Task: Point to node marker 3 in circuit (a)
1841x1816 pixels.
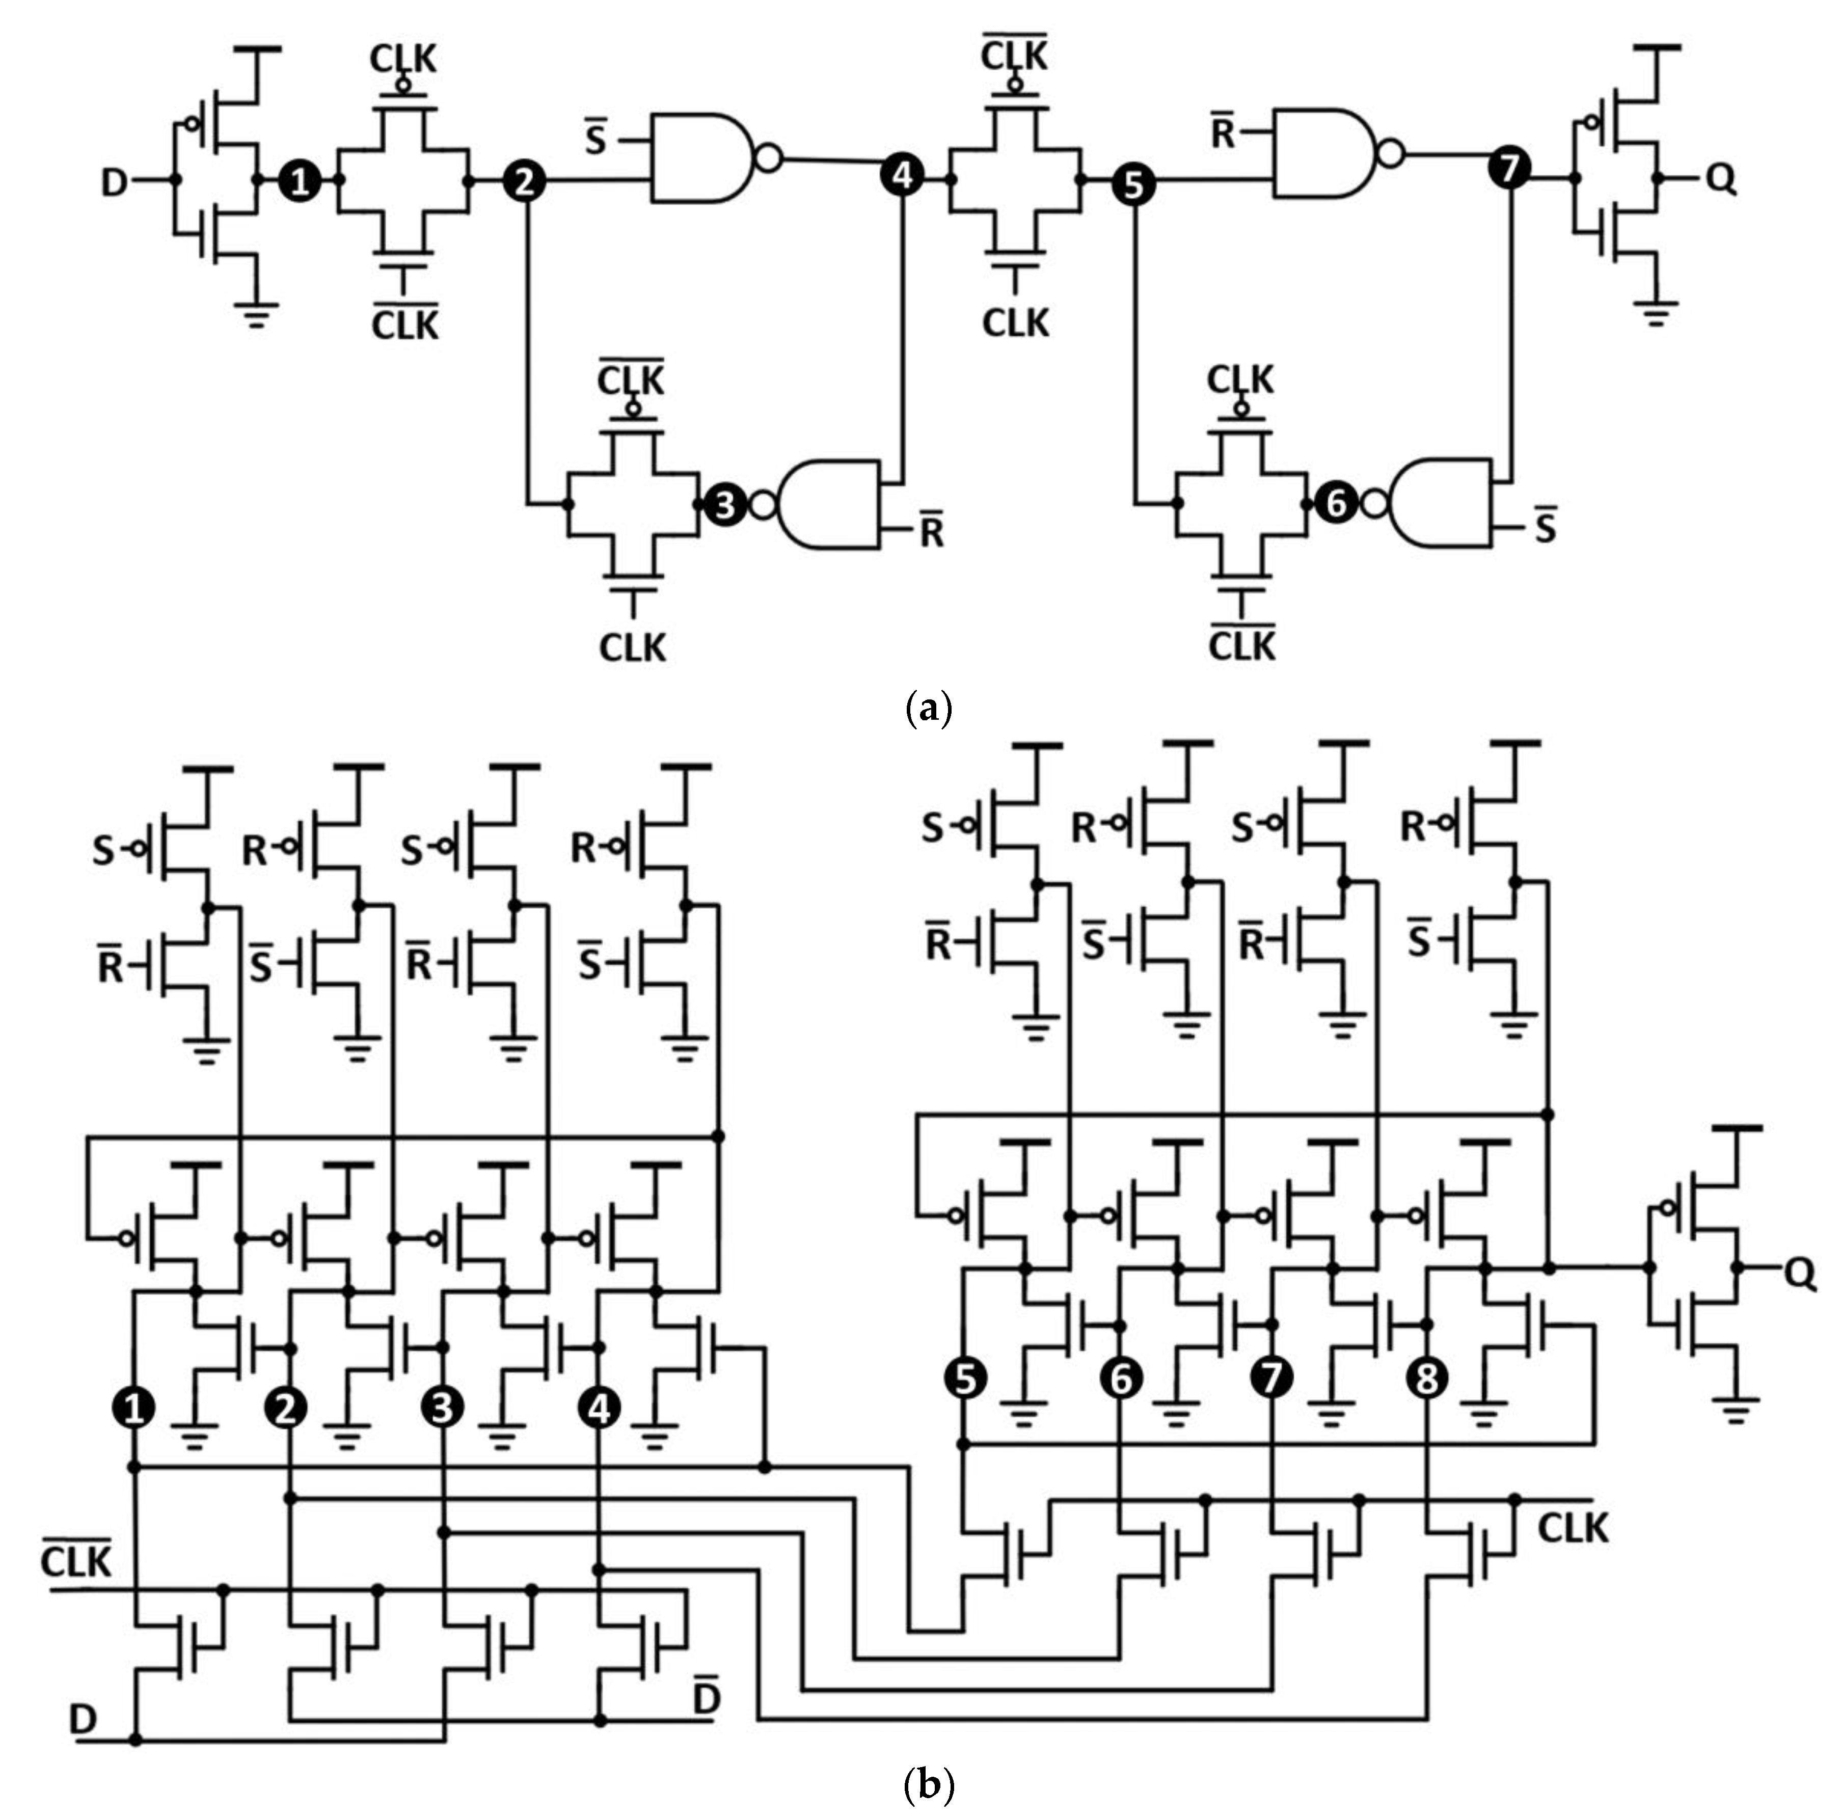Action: (725, 504)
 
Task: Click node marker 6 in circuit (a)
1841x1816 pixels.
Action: (1336, 502)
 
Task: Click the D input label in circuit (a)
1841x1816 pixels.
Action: (114, 181)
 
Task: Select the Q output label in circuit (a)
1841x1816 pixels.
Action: (1720, 178)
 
